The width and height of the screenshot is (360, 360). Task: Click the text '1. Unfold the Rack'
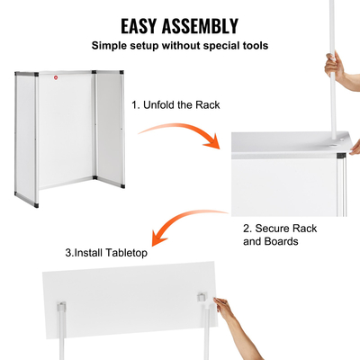coord(175,105)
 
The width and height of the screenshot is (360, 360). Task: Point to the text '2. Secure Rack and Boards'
coord(280,235)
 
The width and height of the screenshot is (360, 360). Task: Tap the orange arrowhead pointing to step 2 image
coord(216,143)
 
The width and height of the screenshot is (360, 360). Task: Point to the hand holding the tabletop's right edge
coord(225,312)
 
